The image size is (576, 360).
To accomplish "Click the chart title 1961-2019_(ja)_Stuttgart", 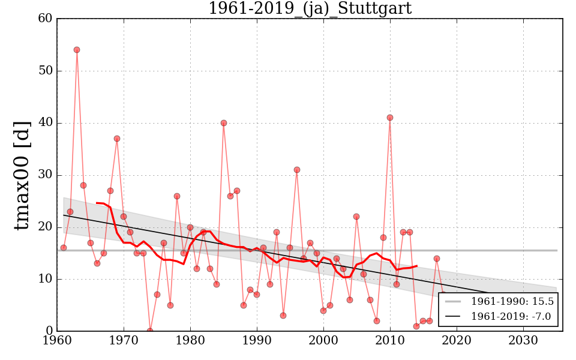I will (310, 8).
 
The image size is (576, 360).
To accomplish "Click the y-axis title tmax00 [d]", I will (22, 175).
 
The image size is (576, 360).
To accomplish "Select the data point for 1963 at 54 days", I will (77, 50).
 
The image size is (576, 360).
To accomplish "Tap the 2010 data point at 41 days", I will (390, 118).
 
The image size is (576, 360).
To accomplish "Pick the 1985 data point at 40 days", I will (224, 123).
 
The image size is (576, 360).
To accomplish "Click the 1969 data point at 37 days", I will (117, 139).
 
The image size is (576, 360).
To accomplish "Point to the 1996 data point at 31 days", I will (297, 170).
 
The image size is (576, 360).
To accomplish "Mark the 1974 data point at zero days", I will (150, 331).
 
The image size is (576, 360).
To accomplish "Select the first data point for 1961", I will (64, 248).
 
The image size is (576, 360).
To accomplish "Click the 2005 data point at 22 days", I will (356, 217).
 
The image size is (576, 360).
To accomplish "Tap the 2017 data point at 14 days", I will (437, 259).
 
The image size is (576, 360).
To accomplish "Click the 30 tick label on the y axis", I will (44, 175).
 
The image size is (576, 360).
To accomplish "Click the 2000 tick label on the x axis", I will (323, 341).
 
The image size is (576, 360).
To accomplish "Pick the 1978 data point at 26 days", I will (177, 196).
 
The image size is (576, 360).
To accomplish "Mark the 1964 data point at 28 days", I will (83, 185).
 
